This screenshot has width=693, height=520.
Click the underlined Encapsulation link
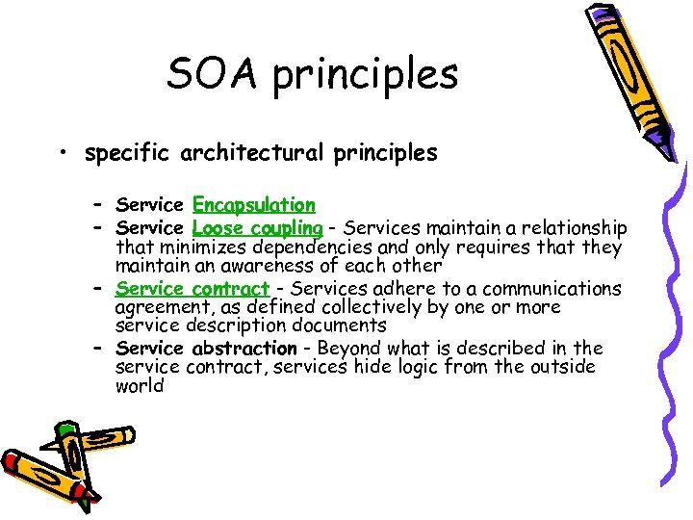click(254, 205)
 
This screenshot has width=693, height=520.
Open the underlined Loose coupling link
click(257, 228)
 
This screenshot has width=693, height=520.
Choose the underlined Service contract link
click(192, 289)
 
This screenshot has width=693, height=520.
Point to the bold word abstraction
click(244, 348)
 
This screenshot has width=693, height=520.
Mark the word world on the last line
click(140, 386)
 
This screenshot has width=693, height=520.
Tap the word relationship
click(576, 228)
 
